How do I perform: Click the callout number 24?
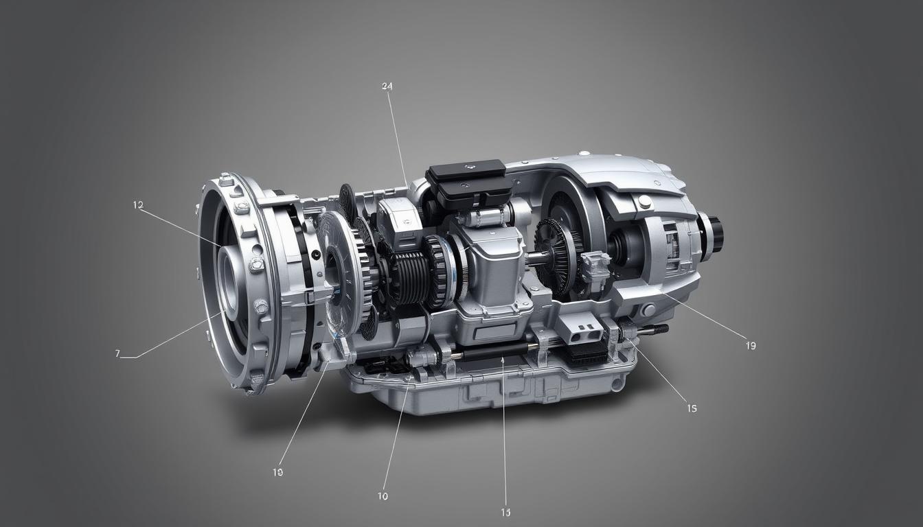[387, 86]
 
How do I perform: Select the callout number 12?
[138, 204]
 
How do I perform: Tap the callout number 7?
[117, 353]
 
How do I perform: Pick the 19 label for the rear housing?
[750, 346]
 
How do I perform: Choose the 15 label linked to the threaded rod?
[692, 408]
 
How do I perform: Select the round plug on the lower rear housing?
[648, 310]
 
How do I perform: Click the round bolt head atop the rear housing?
[644, 201]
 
